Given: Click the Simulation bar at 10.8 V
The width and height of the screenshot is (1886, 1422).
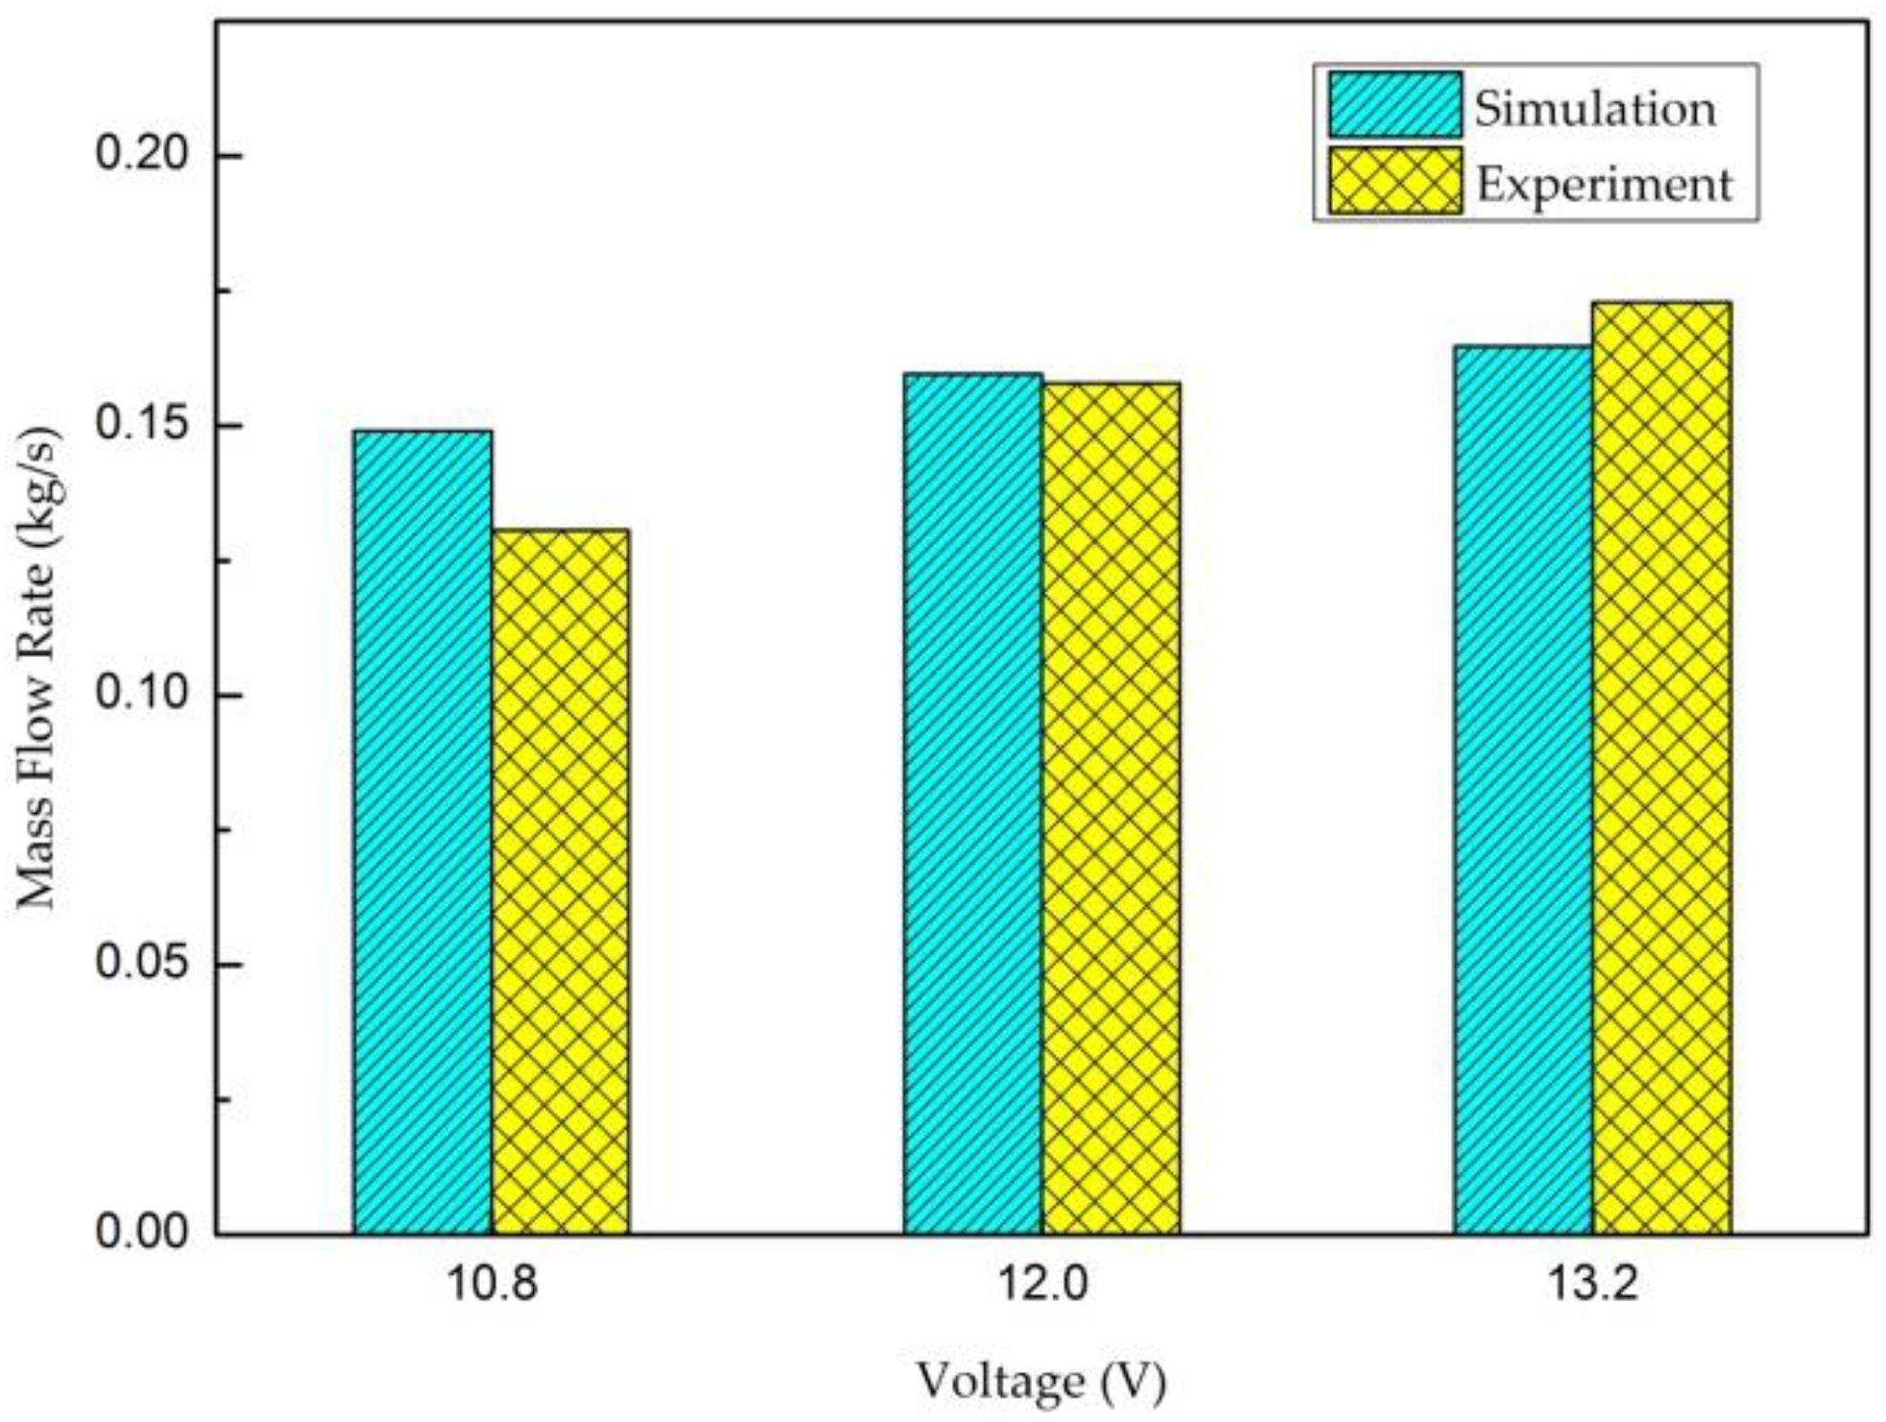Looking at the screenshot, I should click(422, 833).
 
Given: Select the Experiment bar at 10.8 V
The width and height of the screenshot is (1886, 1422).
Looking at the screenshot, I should click(560, 882).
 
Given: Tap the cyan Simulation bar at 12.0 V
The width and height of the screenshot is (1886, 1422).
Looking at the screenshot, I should click(973, 804).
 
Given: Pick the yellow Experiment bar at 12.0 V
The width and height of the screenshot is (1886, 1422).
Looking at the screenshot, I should click(1110, 809).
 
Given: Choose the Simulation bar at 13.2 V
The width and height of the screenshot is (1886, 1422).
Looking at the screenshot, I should click(1522, 790).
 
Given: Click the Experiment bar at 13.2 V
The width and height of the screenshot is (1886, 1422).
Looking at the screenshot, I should click(1661, 768).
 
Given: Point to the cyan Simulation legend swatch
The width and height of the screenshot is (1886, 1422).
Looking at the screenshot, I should click(1394, 105).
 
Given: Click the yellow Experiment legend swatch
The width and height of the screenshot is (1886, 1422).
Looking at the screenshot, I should click(1394, 182).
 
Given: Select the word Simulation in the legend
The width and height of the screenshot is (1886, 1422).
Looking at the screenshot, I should click(1595, 108).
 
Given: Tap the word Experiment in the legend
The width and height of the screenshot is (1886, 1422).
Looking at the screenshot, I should click(1604, 184).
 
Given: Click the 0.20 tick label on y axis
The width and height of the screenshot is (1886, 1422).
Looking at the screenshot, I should click(132, 155).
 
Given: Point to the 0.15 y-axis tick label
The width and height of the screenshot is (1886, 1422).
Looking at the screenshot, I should click(132, 424).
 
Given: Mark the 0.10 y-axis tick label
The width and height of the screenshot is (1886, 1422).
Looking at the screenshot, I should click(132, 694).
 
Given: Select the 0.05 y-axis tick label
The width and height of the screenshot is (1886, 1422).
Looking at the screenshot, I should click(132, 964).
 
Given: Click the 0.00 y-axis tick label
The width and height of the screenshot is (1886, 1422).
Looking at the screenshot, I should click(132, 1233).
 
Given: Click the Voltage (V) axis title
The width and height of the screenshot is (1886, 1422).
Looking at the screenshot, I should click(1041, 1382).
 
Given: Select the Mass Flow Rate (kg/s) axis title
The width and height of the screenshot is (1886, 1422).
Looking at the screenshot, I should click(38, 667).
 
